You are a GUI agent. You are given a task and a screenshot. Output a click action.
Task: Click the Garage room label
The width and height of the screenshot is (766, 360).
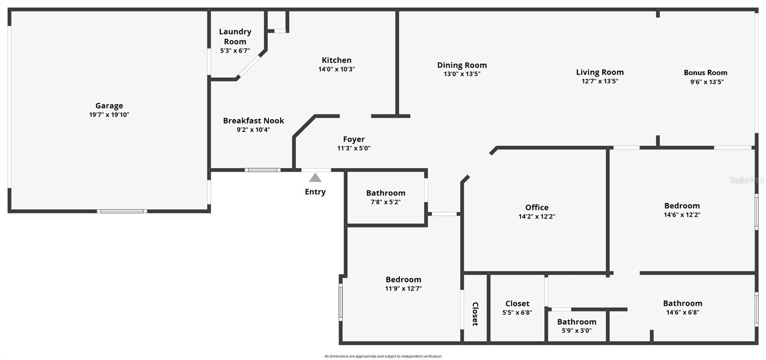coord(109,106)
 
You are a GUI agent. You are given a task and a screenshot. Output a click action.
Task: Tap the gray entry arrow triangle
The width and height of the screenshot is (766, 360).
coord(315,178)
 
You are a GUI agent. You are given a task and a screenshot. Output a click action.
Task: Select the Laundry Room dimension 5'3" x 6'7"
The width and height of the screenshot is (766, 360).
coord(235,51)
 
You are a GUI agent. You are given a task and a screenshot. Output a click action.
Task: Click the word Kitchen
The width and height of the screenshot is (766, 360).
coord(337,60)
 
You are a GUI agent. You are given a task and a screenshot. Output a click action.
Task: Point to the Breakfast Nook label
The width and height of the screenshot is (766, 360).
coord(253,121)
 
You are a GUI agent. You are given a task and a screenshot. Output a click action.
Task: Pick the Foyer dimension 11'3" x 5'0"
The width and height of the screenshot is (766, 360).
coord(354,148)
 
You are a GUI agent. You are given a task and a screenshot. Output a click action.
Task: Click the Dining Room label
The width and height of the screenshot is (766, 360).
coord(462,65)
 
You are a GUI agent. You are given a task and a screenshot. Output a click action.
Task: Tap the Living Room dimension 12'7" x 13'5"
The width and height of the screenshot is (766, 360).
coord(600,81)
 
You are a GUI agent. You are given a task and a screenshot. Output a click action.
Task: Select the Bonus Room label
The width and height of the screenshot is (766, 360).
coord(705,73)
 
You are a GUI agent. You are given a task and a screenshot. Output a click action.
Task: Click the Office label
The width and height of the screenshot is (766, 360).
coord(537,207)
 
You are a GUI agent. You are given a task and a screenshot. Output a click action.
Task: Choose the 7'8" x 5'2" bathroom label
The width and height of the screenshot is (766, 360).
coord(385,193)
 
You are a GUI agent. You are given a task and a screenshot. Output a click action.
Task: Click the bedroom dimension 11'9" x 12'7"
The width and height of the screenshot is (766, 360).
coord(403,289)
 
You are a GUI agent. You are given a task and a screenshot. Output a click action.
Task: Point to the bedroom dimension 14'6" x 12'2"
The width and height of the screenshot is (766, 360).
coord(682,215)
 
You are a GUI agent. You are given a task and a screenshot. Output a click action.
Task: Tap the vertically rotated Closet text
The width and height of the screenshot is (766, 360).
coord(475,314)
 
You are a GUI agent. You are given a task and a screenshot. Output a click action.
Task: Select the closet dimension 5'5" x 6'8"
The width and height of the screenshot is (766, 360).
coord(517,313)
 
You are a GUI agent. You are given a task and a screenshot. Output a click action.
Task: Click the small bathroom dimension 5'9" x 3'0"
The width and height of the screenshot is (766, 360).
coord(576,331)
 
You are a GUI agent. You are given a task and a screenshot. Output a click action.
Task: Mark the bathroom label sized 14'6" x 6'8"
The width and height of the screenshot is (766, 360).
coord(682,303)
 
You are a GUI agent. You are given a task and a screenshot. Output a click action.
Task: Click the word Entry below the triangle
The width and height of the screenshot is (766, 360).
coord(315,192)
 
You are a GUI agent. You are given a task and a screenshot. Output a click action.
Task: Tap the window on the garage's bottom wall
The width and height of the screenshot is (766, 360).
coord(122,211)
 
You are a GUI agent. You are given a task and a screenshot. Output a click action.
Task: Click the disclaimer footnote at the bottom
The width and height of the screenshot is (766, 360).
coord(383,356)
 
